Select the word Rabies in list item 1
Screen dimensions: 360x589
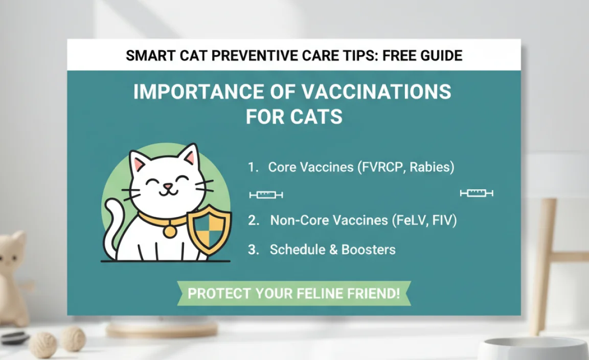tap(433, 167)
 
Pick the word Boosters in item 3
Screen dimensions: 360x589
tap(370, 250)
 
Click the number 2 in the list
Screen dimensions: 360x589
tap(253, 220)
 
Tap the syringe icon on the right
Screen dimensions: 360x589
tap(476, 193)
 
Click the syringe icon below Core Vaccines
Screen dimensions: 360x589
tap(266, 195)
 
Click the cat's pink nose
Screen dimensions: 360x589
tap(167, 186)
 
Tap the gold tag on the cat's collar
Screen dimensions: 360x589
tap(169, 231)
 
